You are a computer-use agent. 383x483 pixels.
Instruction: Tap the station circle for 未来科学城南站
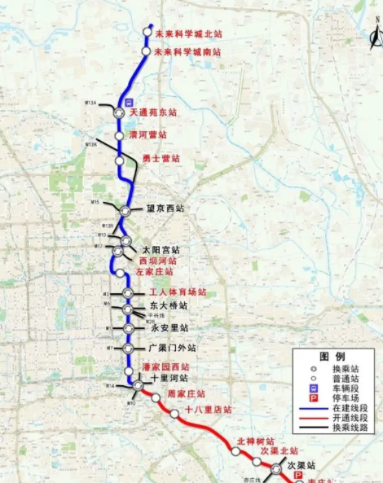tap(146, 51)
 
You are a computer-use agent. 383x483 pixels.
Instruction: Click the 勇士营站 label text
tap(161, 158)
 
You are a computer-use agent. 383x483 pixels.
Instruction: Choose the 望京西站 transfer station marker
tap(125, 210)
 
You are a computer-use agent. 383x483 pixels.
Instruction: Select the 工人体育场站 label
tap(177, 292)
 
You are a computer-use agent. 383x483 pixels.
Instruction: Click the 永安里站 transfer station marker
tap(128, 328)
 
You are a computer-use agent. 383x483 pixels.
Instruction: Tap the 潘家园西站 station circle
tap(128, 368)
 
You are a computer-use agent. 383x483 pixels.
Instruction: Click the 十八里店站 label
tap(209, 410)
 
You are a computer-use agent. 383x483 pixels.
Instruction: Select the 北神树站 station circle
tap(235, 450)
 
